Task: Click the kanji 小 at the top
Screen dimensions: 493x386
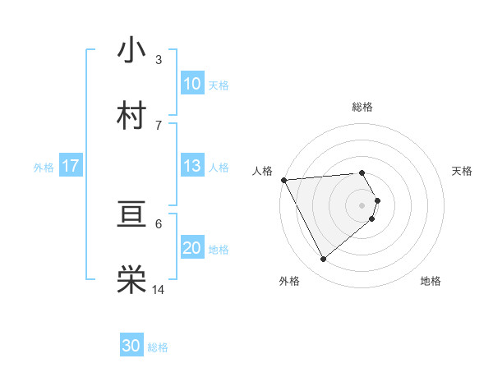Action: tap(131, 50)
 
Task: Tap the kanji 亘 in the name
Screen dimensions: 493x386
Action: tap(131, 216)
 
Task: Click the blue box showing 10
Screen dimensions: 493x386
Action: tap(191, 84)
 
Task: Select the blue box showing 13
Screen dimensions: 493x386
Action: tap(191, 166)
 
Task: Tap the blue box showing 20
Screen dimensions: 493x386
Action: tap(191, 248)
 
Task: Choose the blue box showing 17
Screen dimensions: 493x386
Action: tap(71, 166)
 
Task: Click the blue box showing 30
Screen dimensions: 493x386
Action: tap(131, 346)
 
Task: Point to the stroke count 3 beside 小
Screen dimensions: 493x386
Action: tap(158, 60)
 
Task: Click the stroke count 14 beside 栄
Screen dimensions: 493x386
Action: tap(159, 290)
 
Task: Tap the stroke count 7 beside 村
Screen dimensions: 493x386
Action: tap(158, 126)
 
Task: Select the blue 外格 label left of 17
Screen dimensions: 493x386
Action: tap(44, 168)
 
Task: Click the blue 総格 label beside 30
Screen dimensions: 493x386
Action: tap(158, 347)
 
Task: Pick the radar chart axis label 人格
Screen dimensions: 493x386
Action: tap(261, 171)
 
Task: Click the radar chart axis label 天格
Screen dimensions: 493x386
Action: tap(463, 171)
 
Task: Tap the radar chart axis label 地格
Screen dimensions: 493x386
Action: tap(431, 281)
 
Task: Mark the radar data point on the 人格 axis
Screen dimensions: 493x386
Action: tap(283, 180)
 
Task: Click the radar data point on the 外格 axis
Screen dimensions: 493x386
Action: tap(323, 260)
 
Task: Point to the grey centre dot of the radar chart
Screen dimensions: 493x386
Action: tap(362, 204)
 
